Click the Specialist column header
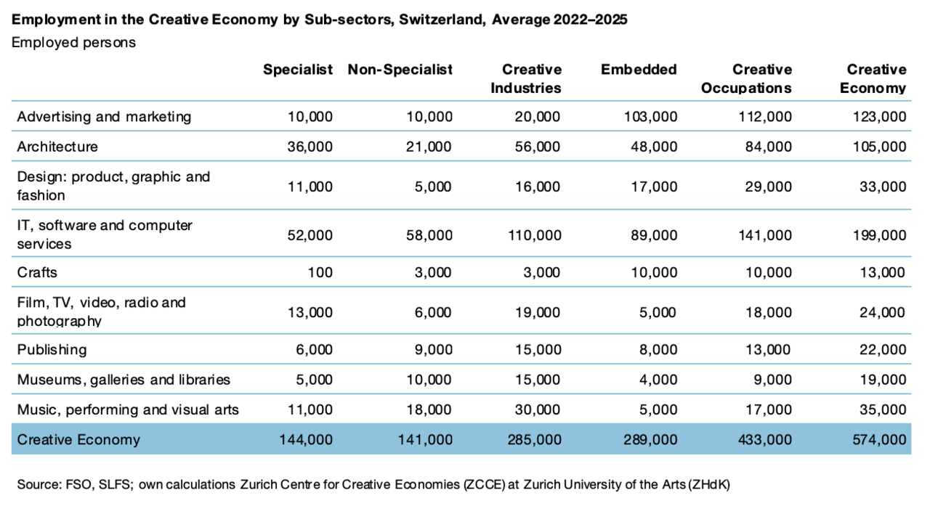[298, 69]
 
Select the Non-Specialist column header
[400, 69]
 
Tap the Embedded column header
[639, 69]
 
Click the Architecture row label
[57, 147]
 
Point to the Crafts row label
[37, 272]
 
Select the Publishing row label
[52, 350]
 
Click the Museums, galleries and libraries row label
[124, 380]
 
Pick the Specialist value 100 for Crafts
[320, 272]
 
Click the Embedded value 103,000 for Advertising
[650, 117]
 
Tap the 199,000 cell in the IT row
[879, 235]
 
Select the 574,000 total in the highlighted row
[879, 439]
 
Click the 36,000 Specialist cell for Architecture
[310, 147]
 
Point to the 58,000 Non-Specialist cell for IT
[429, 235]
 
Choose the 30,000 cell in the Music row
[537, 409]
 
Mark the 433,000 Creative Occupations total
[765, 439]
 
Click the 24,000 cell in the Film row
[882, 312]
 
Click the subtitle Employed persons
[73, 42]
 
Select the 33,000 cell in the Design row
[883, 187]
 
